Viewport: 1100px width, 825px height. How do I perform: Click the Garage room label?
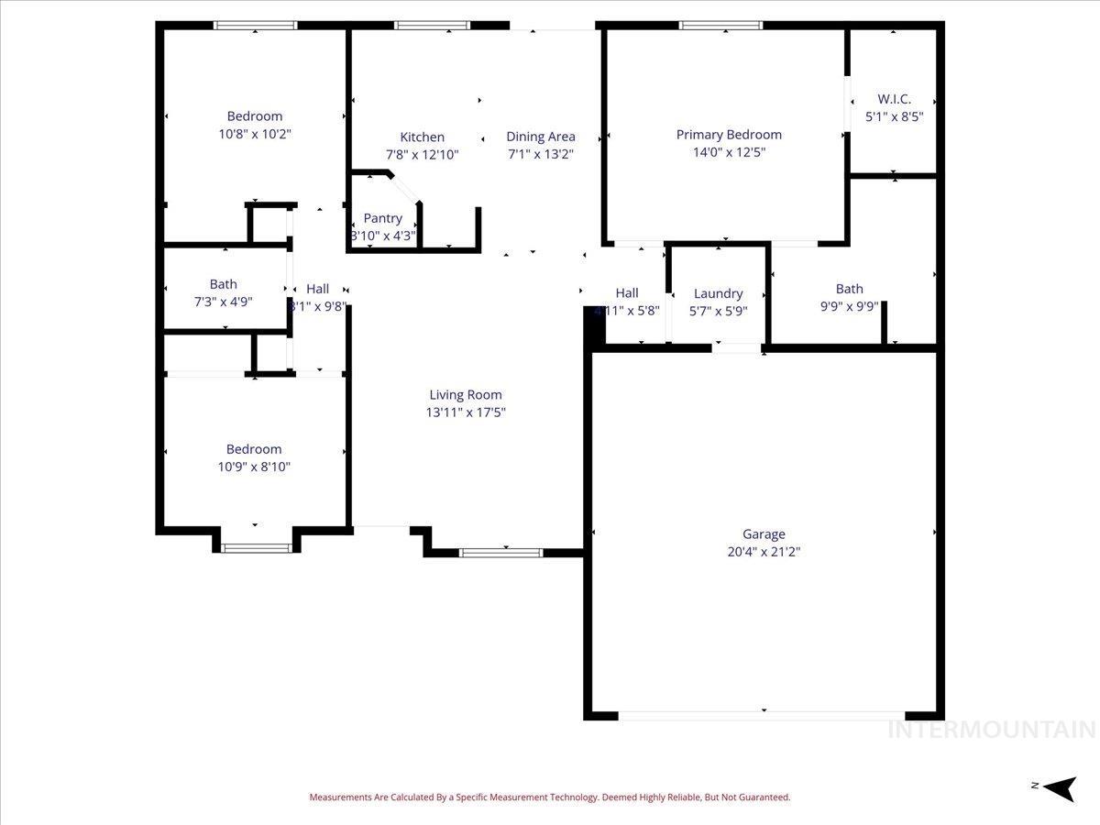point(764,534)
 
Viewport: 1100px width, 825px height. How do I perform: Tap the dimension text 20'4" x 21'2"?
point(764,552)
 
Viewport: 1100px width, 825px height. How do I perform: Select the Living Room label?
point(466,395)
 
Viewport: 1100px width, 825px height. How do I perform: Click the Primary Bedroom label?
point(729,135)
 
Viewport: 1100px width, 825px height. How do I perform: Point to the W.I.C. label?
point(894,99)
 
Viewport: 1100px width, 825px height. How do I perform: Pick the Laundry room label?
point(718,293)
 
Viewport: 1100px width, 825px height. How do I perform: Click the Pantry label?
point(382,218)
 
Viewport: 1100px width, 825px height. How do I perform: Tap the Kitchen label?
point(422,137)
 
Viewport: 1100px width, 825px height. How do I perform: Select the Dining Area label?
point(541,137)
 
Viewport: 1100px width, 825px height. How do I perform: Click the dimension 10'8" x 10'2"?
point(255,134)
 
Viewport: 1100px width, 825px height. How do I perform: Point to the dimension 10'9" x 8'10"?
point(254,467)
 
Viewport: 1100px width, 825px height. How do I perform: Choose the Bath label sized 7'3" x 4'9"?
point(223,284)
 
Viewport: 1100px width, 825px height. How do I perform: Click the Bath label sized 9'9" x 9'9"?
point(849,289)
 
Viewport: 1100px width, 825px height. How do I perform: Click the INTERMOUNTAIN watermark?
point(992,730)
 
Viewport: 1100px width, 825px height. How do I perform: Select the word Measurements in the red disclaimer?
point(341,797)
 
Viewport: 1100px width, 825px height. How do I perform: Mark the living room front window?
point(500,553)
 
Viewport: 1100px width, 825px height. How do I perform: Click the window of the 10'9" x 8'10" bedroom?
point(256,548)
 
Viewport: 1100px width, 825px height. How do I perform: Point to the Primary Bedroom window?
point(720,26)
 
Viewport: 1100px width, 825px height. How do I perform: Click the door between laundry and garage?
point(738,347)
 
